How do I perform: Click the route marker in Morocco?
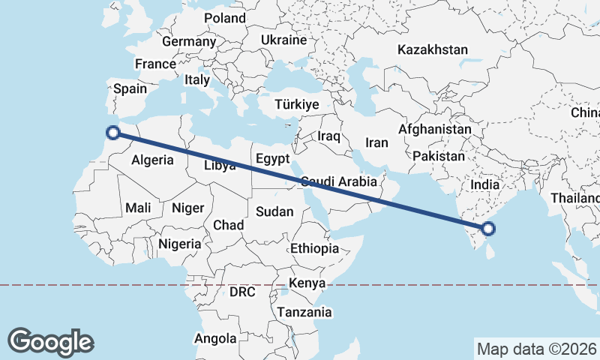coord(113,133)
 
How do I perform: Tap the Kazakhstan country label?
coord(433,50)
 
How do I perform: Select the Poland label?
coord(224,17)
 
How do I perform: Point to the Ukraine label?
coord(284,40)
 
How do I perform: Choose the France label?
coord(155,64)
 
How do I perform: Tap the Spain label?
coord(130,88)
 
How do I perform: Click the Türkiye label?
coord(297,104)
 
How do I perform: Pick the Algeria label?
coord(153,160)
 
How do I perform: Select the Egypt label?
coord(272,159)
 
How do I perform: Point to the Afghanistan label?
coord(435,129)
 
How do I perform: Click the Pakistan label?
coord(439,157)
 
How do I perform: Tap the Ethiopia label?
coord(315,248)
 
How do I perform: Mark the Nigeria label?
coord(180,244)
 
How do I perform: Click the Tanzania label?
coord(304,312)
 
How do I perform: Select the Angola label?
coord(215,338)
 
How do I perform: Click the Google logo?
coord(50,342)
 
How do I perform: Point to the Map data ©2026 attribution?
coord(536,349)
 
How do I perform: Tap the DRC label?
coord(243,291)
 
